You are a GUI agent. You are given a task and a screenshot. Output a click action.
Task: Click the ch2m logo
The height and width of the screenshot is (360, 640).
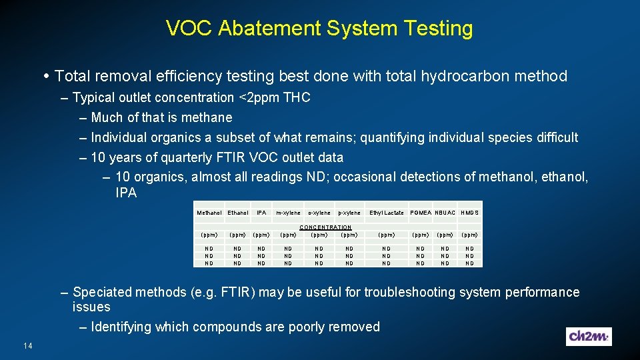coord(589,337)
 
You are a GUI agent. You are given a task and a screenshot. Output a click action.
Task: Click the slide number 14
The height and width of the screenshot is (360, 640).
coord(27,345)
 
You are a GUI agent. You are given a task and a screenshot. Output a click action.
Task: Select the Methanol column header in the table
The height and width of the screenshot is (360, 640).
coord(209,213)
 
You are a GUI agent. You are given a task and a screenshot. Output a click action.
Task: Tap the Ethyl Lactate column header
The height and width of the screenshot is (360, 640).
coord(387,213)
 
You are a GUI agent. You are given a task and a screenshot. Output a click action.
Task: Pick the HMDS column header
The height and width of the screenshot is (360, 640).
coord(470,213)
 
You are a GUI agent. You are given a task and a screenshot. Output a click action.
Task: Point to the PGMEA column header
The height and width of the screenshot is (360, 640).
coord(421,213)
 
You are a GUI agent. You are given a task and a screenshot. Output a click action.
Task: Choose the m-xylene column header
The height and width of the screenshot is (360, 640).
coord(288,213)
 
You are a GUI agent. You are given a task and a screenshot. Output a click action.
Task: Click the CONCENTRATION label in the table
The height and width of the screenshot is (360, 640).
coord(325,227)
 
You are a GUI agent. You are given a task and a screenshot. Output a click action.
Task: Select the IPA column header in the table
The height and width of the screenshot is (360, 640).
coord(261,213)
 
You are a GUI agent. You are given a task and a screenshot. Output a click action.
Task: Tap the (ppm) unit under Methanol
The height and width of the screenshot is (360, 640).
coord(209,235)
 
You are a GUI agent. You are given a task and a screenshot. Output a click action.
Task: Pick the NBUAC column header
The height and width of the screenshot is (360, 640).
coord(445,213)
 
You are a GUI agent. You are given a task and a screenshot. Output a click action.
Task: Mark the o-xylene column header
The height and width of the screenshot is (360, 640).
coord(319,213)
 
